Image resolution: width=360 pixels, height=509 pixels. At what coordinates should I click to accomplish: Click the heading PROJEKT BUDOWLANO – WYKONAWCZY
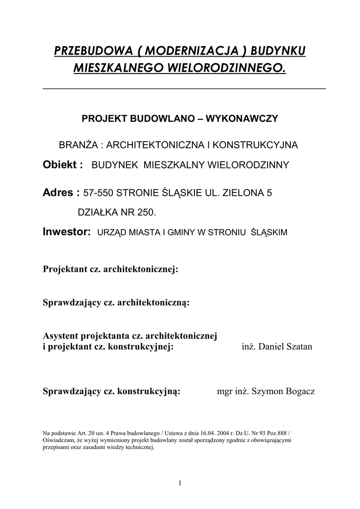click(x=180, y=119)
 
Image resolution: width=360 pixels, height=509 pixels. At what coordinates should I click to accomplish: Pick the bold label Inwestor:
click(x=67, y=232)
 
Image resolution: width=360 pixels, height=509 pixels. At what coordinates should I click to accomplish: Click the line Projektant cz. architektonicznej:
click(x=110, y=269)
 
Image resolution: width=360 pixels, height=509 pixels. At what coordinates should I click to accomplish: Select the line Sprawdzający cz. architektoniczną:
click(x=116, y=303)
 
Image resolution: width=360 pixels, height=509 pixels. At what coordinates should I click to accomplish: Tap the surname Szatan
click(x=297, y=346)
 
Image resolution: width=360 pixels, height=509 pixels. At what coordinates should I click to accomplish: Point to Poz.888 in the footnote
click(x=275, y=432)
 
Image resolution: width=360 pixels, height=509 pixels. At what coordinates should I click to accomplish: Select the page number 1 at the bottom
click(x=180, y=483)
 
